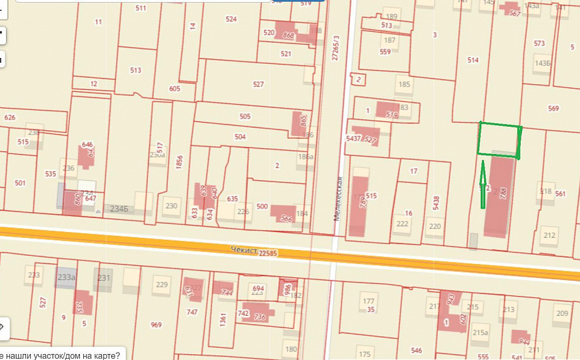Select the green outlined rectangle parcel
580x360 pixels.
coord(499,140)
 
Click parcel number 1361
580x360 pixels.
coord(223,319)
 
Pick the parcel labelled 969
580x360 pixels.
coord(156,325)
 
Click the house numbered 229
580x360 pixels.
coord(161,285)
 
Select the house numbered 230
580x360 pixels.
coord(171,206)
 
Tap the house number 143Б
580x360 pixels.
coord(543,63)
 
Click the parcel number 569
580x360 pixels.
coord(553,108)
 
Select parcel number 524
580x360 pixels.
coord(231,19)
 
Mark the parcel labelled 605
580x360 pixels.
coord(175,89)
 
